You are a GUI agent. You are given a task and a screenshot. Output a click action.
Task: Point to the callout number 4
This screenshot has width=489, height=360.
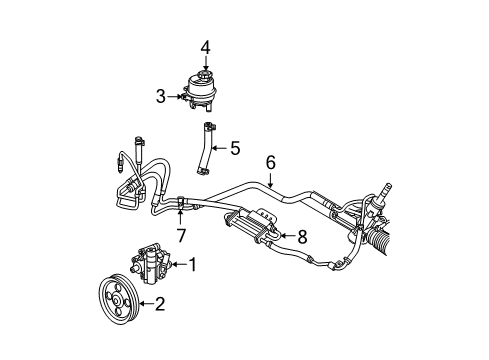click(x=205, y=46)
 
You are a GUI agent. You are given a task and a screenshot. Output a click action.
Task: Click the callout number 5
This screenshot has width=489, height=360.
click(x=234, y=149)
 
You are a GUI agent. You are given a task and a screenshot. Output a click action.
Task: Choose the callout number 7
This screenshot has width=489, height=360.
click(x=181, y=235)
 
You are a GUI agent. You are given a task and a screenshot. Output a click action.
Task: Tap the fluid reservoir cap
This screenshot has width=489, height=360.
click(x=204, y=77)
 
